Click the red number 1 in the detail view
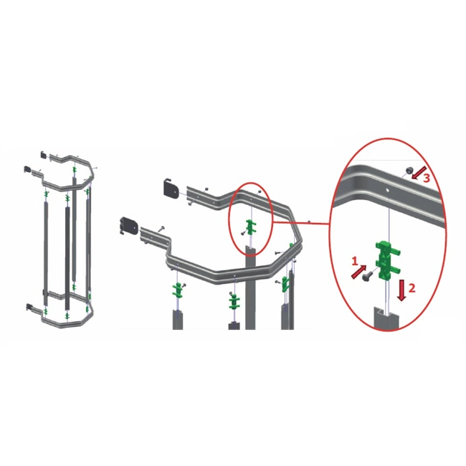click(354, 261)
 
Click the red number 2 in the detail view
click(412, 287)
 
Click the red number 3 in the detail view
click(426, 178)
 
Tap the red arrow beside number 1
click(358, 272)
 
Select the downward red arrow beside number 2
click(401, 290)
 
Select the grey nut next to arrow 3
click(409, 171)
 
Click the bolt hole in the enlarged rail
click(387, 189)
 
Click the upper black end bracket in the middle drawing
click(171, 187)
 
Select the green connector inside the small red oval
click(251, 227)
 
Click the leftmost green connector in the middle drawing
click(178, 290)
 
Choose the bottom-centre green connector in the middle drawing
click(234, 301)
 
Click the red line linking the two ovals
click(301, 222)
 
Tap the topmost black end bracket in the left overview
click(44, 155)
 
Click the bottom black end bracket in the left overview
click(29, 306)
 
